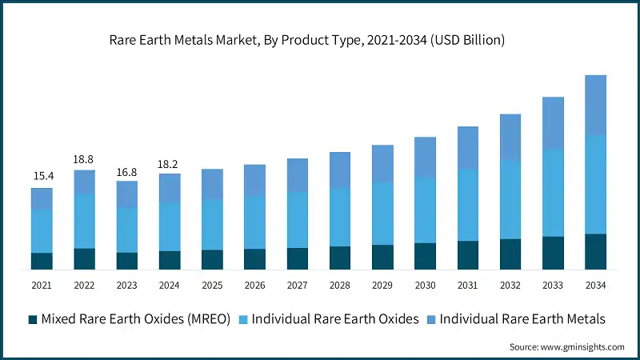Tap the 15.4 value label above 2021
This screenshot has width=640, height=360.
[42, 176]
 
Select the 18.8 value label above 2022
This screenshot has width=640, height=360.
[84, 158]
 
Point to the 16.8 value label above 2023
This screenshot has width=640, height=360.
[126, 170]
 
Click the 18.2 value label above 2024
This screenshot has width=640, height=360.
[169, 162]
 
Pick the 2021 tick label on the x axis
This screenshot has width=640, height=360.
[42, 286]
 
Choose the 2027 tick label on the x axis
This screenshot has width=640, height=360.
[298, 286]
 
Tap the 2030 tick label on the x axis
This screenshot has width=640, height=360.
[425, 286]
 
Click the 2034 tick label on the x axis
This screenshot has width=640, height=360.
[595, 286]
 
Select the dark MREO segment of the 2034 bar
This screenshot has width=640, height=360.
[595, 251]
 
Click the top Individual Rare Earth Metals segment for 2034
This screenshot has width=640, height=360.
[595, 105]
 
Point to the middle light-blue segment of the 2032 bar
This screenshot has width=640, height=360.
[510, 199]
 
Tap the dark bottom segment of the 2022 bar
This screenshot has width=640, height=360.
[84, 258]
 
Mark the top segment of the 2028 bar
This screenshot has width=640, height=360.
[340, 170]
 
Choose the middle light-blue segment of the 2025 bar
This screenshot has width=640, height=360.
[212, 225]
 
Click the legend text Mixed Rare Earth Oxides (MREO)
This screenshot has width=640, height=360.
[136, 319]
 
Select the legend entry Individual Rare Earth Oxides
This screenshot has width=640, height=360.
[335, 319]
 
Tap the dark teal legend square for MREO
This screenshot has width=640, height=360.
[33, 319]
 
